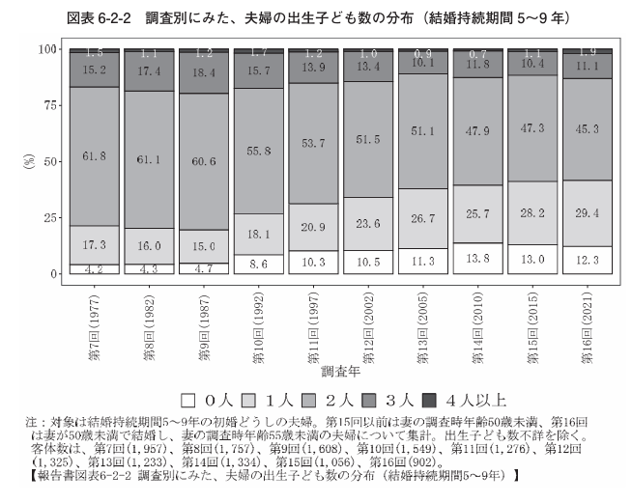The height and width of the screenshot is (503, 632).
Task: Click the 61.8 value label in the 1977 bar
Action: [94, 155]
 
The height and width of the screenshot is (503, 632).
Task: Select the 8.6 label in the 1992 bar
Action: [257, 263]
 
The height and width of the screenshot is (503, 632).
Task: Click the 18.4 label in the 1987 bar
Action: [203, 72]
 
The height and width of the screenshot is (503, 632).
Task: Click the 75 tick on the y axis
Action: [45, 106]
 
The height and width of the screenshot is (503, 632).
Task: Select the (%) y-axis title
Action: [27, 161]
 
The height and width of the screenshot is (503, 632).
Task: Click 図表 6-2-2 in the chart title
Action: [112, 15]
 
